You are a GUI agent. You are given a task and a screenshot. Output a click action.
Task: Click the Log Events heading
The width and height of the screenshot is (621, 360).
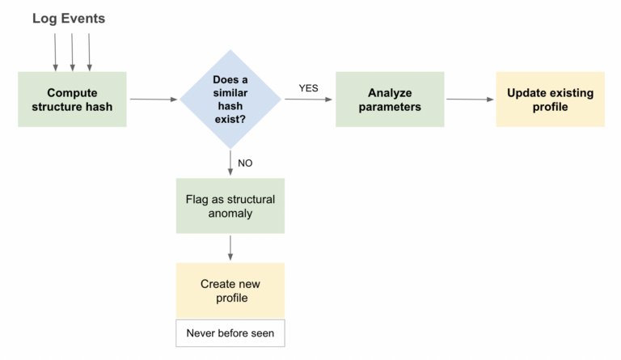(69, 18)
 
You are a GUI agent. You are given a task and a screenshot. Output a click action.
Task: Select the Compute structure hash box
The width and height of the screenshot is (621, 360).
(73, 100)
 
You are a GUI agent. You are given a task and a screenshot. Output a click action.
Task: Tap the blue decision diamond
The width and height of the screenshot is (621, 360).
(230, 100)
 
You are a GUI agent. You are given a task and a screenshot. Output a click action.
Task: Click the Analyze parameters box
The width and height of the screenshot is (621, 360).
(390, 100)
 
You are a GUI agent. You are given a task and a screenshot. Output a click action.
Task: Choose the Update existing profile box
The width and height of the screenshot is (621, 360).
(550, 100)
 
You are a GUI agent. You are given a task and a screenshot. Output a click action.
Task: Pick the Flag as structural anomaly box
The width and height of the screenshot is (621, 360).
(230, 206)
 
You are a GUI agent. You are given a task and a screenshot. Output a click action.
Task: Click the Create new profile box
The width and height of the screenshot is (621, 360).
(230, 290)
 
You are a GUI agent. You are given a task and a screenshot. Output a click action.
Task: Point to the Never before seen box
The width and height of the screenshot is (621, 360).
(230, 333)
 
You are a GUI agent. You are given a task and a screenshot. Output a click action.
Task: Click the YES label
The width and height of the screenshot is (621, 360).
(309, 87)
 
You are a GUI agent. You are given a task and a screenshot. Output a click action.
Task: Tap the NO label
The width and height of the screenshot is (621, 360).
(245, 163)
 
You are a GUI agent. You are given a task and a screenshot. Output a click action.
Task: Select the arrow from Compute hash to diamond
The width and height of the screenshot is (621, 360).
(153, 100)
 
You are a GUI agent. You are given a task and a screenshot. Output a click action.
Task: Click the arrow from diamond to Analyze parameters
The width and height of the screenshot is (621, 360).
(307, 100)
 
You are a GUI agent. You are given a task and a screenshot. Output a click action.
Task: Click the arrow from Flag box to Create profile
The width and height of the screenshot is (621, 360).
(230, 248)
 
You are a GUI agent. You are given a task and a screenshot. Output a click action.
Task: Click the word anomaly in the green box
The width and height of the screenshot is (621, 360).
(230, 214)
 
